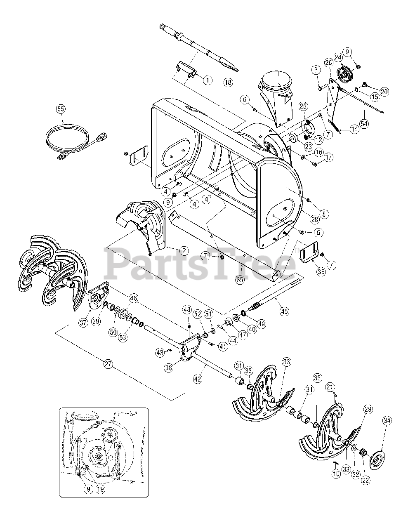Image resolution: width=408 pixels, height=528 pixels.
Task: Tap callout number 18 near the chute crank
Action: point(228,81)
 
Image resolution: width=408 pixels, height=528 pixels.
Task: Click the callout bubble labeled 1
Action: point(208,80)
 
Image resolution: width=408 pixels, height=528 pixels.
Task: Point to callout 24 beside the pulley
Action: point(338,57)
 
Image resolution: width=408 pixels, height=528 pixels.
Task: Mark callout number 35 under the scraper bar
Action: point(240,279)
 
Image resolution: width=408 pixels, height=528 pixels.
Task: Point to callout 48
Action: point(187,310)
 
